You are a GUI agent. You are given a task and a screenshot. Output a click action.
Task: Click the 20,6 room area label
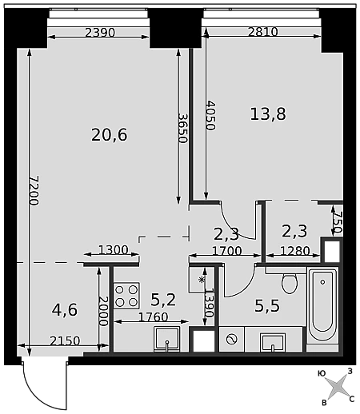click(x=110, y=135)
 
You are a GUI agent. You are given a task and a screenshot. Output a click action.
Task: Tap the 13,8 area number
click(x=268, y=113)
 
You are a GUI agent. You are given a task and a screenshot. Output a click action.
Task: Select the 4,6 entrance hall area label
click(x=65, y=310)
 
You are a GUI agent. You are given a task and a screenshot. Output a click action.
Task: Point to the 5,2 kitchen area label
click(x=163, y=299)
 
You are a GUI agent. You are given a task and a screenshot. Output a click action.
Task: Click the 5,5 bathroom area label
click(x=267, y=305)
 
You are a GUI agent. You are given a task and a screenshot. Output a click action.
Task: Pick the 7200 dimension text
click(x=34, y=190)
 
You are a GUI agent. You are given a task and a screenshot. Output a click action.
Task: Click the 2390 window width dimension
click(x=100, y=33)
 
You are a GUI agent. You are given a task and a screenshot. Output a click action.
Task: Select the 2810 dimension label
click(x=263, y=32)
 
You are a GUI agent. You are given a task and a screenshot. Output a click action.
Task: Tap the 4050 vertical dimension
click(x=210, y=115)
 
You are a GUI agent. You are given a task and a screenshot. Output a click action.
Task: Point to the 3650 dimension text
click(x=183, y=129)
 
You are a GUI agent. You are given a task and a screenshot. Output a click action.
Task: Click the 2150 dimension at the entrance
click(x=65, y=340)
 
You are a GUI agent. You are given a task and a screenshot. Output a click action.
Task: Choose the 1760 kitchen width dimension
click(x=154, y=317)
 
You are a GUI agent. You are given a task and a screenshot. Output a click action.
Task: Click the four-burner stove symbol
click(x=126, y=296)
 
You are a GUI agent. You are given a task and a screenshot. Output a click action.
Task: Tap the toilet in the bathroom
click(x=290, y=283)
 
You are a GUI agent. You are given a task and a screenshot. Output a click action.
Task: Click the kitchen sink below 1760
click(x=167, y=340)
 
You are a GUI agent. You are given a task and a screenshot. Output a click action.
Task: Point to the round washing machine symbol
click(x=231, y=340)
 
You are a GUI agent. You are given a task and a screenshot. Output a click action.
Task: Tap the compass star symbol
click(x=337, y=386)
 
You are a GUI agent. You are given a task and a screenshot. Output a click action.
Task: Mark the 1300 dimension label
click(x=114, y=250)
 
